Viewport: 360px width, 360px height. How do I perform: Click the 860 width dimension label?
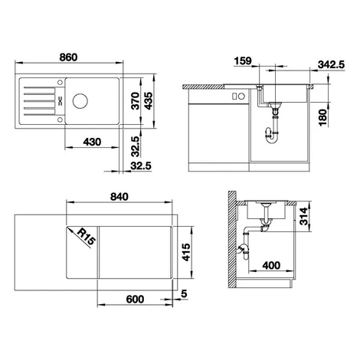click(x=68, y=57)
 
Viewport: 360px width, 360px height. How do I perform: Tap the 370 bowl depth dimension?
click(x=136, y=101)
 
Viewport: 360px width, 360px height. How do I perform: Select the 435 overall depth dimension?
click(x=149, y=101)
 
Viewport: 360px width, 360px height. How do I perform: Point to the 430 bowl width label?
click(x=92, y=142)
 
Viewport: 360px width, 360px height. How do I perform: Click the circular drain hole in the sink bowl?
click(x=80, y=101)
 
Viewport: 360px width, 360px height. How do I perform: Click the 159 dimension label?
click(x=243, y=61)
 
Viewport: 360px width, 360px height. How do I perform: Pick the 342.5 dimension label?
click(x=331, y=64)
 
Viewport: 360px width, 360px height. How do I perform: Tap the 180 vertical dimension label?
click(x=323, y=117)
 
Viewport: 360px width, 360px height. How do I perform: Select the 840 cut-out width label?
click(x=119, y=197)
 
